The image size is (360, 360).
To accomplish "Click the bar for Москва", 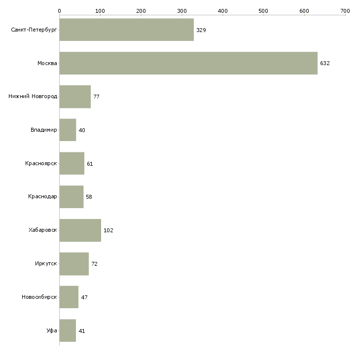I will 188,63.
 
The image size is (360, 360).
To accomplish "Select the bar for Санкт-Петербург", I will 126,30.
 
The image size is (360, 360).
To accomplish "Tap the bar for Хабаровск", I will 80,230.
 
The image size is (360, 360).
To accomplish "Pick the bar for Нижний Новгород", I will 75,97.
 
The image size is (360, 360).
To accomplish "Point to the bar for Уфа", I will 68,330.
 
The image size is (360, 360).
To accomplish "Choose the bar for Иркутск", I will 74,264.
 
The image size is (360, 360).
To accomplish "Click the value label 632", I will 324,64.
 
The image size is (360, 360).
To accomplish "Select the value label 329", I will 201,30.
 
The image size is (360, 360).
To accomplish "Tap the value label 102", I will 108,231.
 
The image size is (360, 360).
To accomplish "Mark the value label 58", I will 89,197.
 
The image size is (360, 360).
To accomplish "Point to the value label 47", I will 84,297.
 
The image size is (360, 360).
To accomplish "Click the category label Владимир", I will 43,130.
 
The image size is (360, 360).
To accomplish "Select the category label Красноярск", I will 41,163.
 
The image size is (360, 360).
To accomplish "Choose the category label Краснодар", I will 42,197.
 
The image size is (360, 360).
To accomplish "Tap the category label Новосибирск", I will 39,297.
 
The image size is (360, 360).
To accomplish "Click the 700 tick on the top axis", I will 345,10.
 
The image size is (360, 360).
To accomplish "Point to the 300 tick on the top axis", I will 181,10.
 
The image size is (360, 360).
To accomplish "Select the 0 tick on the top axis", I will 59,10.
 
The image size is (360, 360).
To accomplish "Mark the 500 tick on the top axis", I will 263,10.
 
